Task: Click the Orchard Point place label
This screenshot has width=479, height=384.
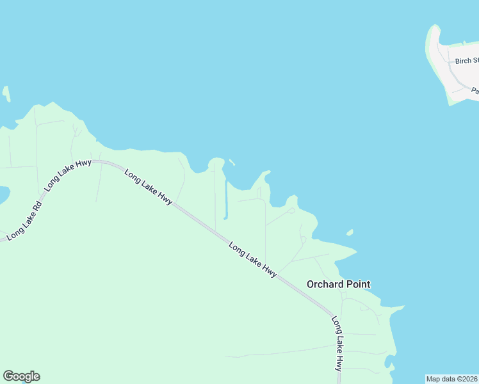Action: (338, 284)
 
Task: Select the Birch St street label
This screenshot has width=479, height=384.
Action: (467, 61)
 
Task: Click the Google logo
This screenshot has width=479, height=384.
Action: (21, 376)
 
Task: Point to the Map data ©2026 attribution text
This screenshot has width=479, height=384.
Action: (452, 379)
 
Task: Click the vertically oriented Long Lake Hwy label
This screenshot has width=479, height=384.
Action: (337, 344)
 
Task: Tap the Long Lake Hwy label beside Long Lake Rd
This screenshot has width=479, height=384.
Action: (67, 175)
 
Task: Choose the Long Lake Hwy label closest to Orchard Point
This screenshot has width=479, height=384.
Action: (253, 260)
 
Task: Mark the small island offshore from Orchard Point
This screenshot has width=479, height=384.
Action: (350, 232)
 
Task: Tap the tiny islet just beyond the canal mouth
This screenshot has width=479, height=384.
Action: (231, 162)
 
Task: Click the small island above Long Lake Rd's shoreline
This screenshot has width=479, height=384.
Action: (6, 93)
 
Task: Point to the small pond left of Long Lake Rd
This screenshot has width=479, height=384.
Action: (3, 194)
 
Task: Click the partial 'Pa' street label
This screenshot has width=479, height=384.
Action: (475, 91)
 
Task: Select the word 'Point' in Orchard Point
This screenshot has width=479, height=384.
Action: (357, 284)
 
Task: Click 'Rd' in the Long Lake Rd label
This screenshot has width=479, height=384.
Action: (36, 208)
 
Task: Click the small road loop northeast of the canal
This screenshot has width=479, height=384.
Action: (292, 211)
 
